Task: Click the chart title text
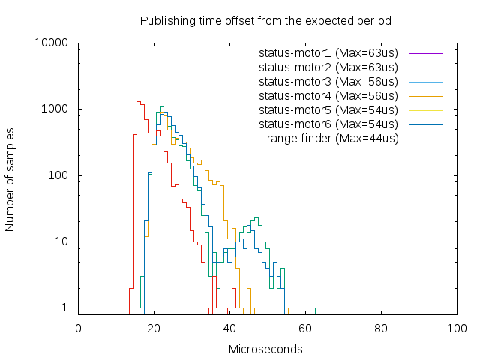click(265, 19)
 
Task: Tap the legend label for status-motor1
click(328, 53)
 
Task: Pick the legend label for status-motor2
click(328, 67)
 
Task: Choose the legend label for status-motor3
click(328, 82)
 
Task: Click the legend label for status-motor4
click(328, 96)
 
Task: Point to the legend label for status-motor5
click(328, 110)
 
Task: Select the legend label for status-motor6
click(328, 124)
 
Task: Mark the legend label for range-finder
click(332, 139)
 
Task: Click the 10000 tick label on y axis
click(52, 43)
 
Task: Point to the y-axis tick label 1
click(65, 308)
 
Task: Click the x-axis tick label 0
click(79, 328)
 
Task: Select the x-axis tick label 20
click(154, 328)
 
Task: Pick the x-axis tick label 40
click(229, 328)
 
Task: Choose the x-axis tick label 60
click(305, 328)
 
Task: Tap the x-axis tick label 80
click(381, 328)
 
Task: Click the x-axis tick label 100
click(457, 328)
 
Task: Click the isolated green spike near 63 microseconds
click(317, 310)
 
